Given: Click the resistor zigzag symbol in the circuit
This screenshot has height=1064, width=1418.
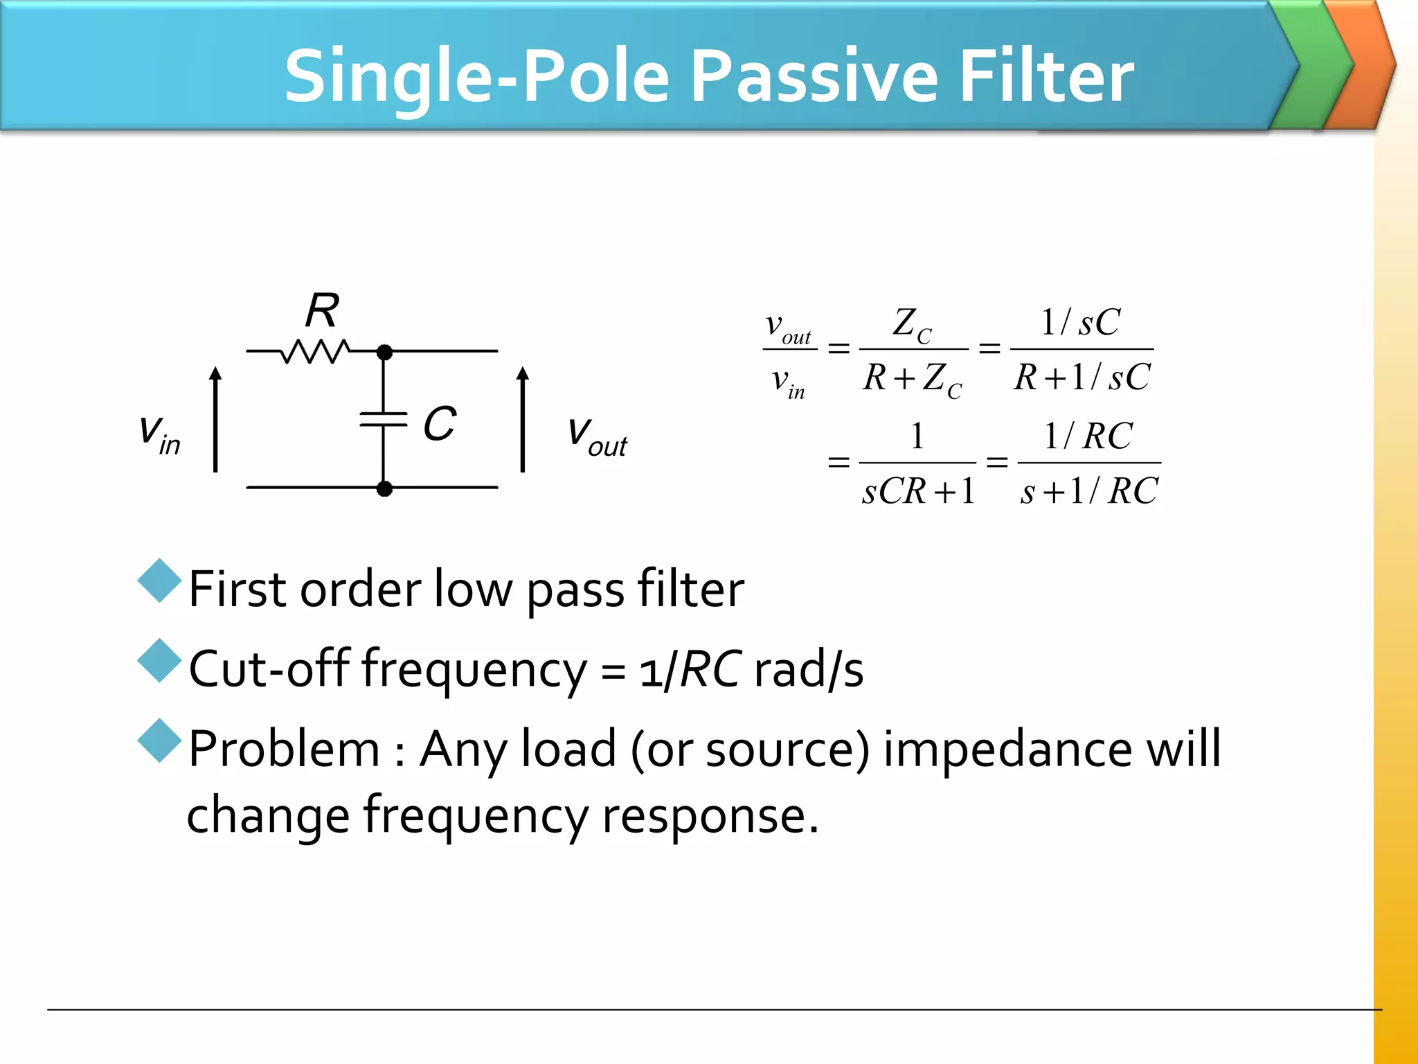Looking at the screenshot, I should (x=316, y=351).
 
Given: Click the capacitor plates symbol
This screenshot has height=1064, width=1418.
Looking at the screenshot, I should (x=384, y=419).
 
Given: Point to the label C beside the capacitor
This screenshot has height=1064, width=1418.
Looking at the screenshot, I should (x=440, y=423).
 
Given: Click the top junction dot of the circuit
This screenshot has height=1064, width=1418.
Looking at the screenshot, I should (x=384, y=352).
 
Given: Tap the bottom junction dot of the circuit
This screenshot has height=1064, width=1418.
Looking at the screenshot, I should (x=384, y=488).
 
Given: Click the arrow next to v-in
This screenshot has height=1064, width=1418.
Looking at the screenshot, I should (x=216, y=419).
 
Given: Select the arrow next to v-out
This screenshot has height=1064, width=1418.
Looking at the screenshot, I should (x=523, y=419).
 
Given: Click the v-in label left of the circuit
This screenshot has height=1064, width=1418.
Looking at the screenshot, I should (x=159, y=434).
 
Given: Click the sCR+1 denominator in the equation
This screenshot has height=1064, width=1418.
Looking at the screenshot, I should (x=918, y=491).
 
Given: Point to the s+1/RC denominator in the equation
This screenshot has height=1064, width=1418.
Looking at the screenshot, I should (x=1089, y=491).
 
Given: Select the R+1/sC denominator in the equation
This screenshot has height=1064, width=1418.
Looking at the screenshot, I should (x=1082, y=378).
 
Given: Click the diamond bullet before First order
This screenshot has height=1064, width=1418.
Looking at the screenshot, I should (x=159, y=580).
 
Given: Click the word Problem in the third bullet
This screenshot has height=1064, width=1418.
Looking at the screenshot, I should (x=284, y=750).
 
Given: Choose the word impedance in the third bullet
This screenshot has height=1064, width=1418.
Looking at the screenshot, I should (x=1007, y=750).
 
